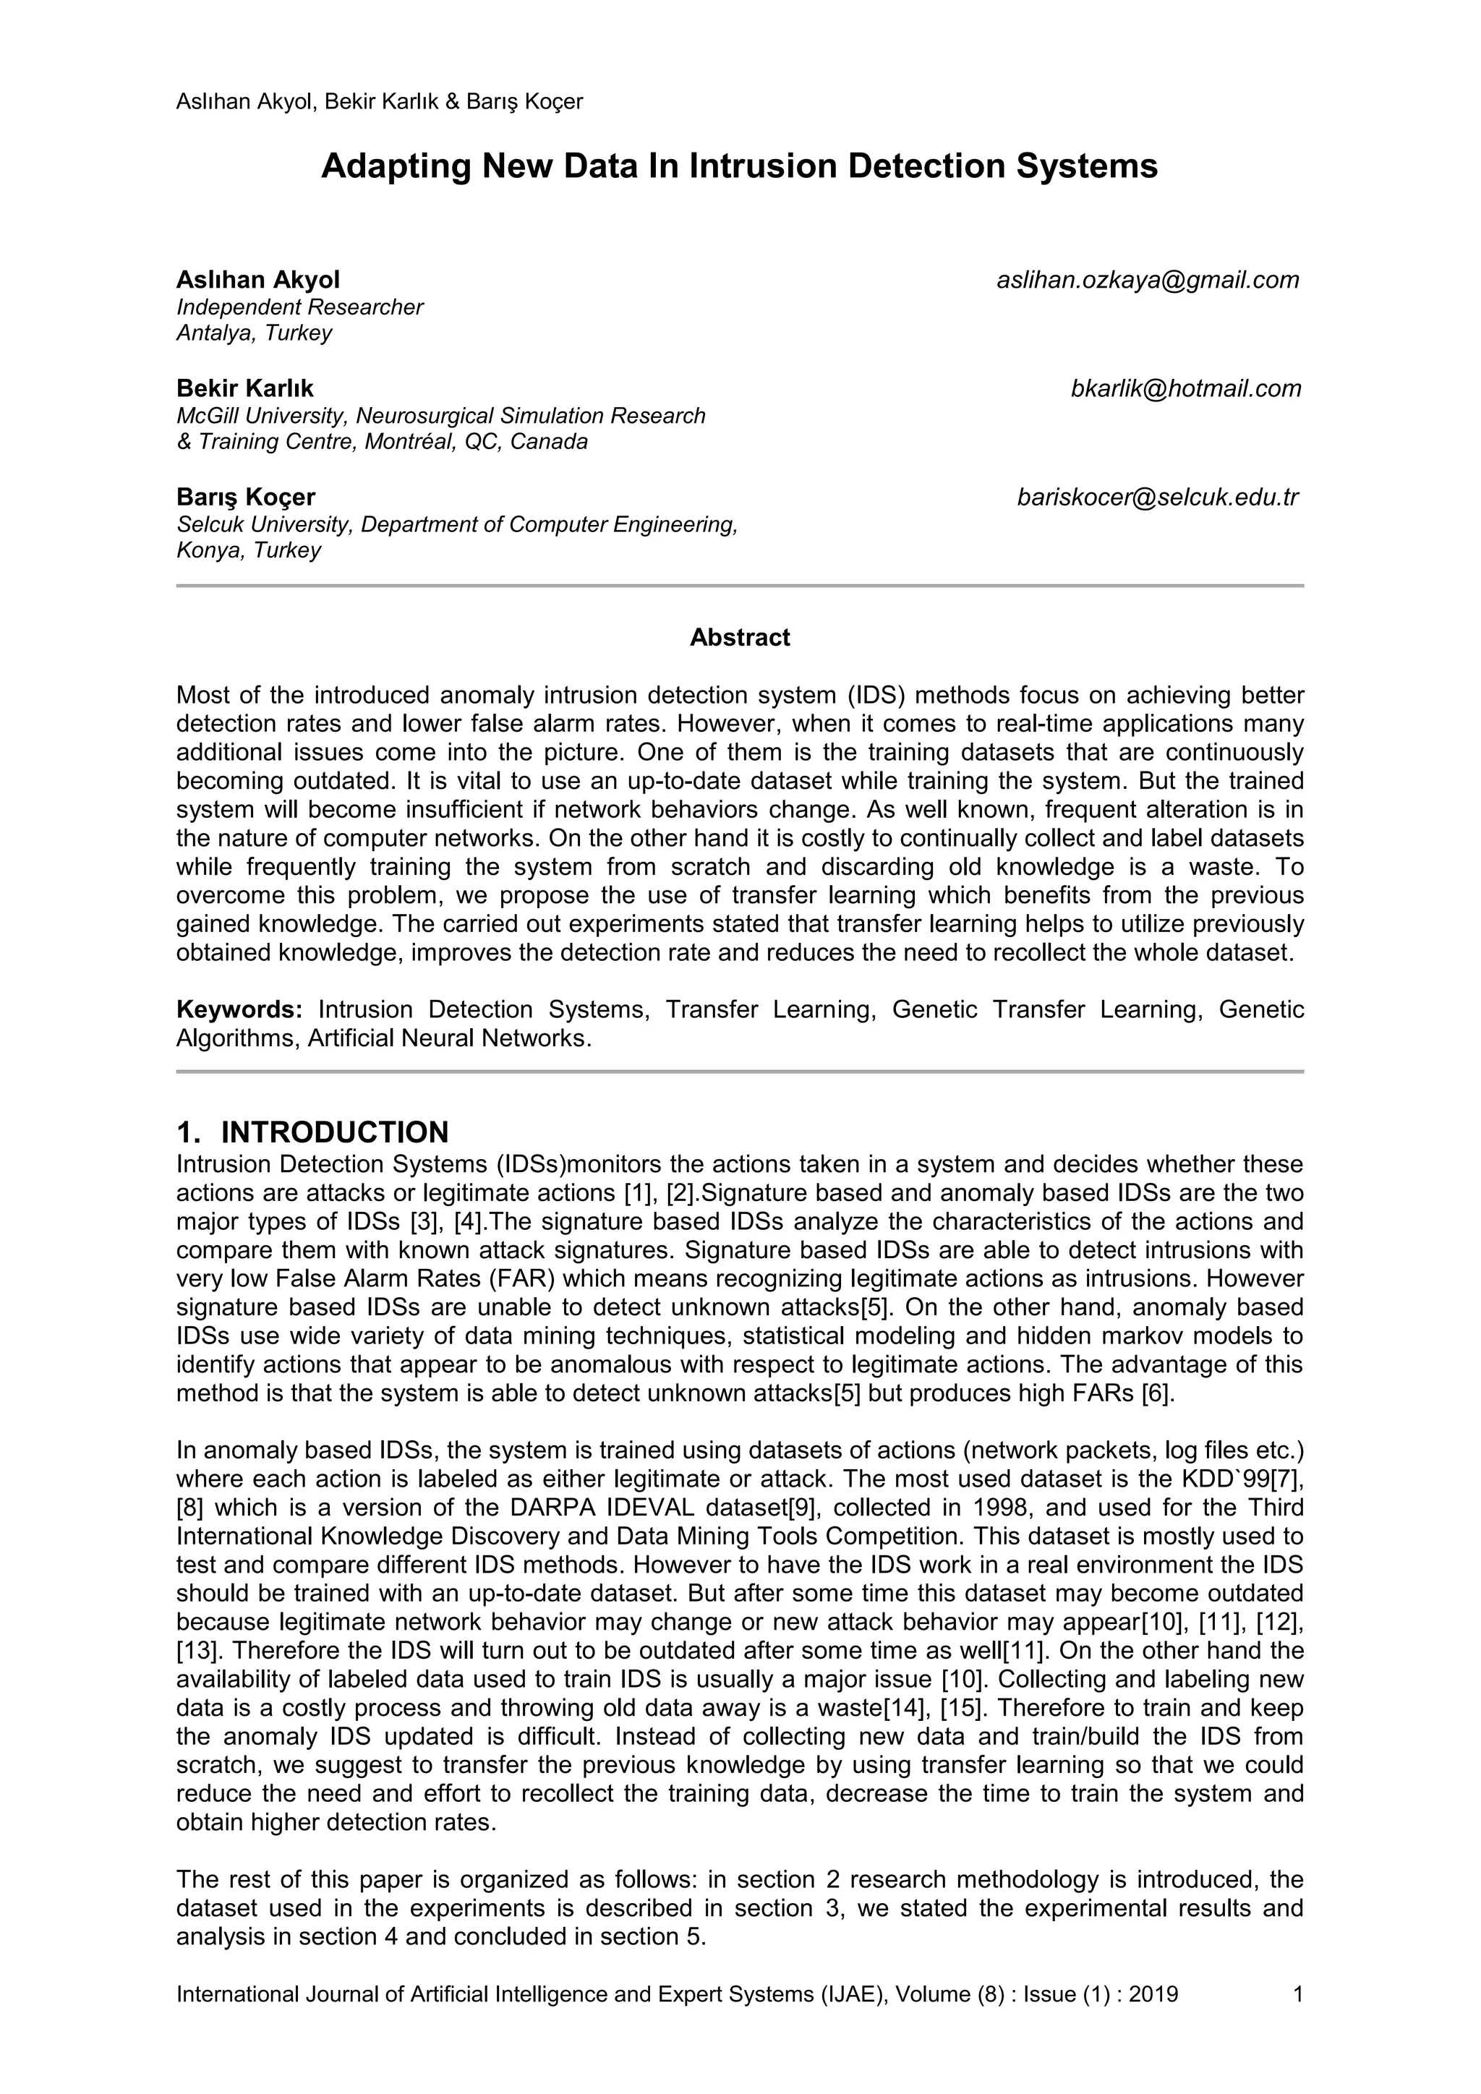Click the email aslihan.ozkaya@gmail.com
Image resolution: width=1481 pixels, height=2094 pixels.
(x=1147, y=280)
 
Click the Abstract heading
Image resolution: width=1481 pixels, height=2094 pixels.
(x=740, y=638)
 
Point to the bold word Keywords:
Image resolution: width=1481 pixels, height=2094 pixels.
(x=239, y=1009)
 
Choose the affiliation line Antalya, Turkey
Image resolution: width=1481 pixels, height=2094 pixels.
(x=254, y=333)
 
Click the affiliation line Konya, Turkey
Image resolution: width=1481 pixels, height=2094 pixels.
(x=248, y=551)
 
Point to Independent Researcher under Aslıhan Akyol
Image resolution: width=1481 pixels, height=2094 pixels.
(x=299, y=307)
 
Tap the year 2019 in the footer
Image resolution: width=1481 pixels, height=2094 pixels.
(x=1153, y=1995)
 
